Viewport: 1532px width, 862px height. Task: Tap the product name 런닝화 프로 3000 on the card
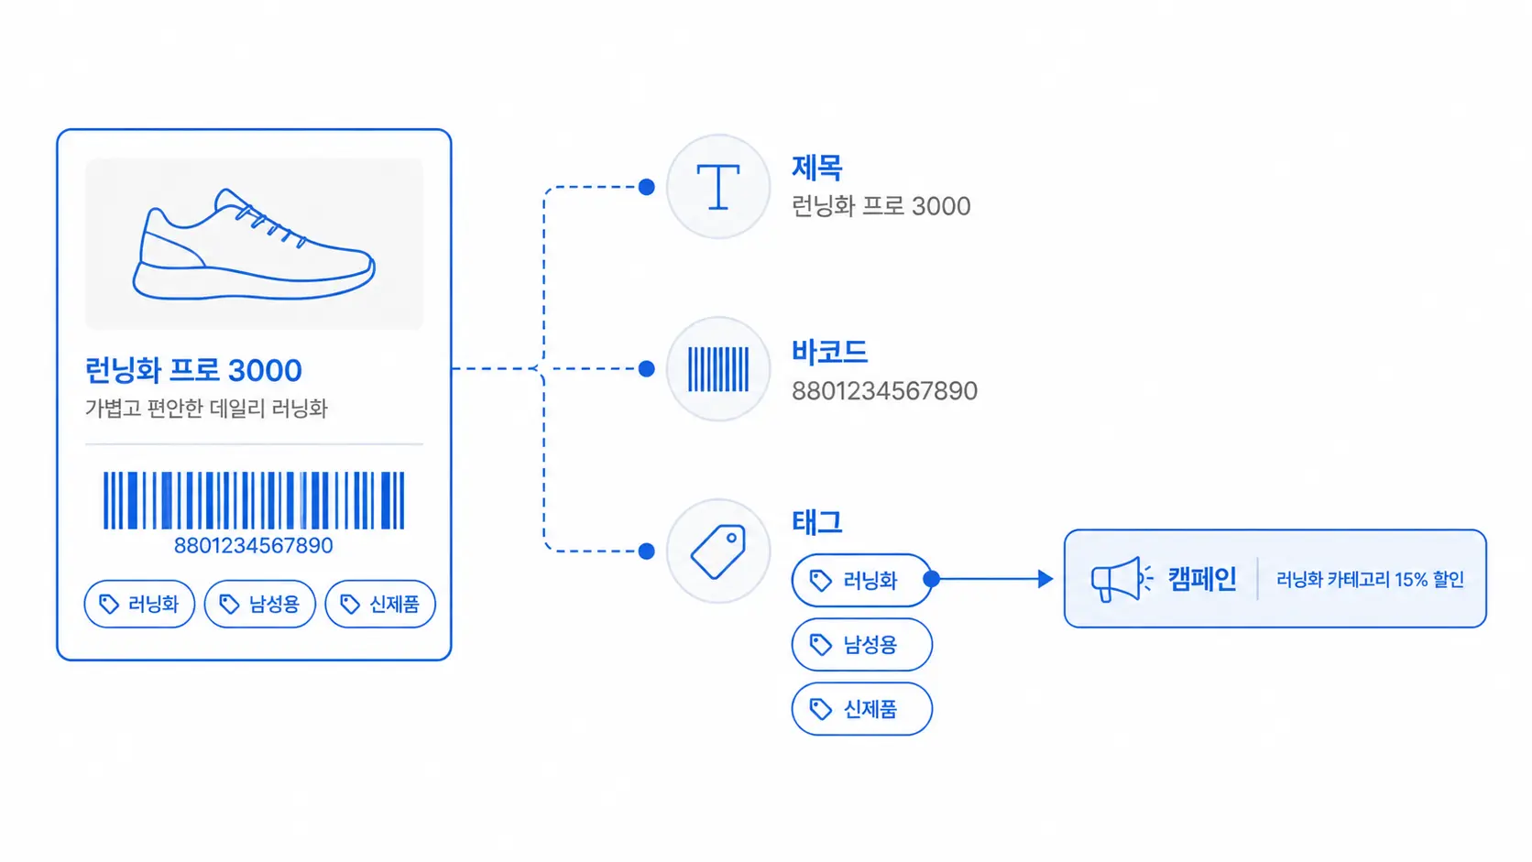(x=193, y=370)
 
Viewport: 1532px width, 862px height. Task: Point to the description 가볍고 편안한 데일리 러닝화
(x=206, y=409)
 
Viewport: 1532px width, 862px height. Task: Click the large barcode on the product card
(x=254, y=500)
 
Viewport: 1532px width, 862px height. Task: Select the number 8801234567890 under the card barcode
(x=253, y=545)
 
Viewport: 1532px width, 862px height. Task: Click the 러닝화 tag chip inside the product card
(x=139, y=604)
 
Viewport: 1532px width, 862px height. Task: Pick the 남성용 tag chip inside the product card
(x=260, y=604)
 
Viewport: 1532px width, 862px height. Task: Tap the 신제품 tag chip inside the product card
(x=380, y=604)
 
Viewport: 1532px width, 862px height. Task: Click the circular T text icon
(x=718, y=187)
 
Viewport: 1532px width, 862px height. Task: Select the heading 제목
(x=817, y=168)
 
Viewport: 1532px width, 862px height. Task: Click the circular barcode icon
(x=718, y=369)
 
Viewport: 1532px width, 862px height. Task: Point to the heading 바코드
(x=829, y=352)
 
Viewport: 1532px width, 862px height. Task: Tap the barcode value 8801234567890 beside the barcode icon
(x=884, y=391)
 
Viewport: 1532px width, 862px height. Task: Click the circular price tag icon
(x=718, y=551)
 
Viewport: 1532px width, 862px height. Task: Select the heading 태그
(x=817, y=522)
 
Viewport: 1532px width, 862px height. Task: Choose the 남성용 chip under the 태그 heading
(x=861, y=645)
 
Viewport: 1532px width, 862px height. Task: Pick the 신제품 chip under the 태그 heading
(x=861, y=709)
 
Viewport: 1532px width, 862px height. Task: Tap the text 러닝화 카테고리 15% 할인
(x=1370, y=580)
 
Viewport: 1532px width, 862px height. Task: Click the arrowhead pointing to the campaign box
(x=1045, y=579)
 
